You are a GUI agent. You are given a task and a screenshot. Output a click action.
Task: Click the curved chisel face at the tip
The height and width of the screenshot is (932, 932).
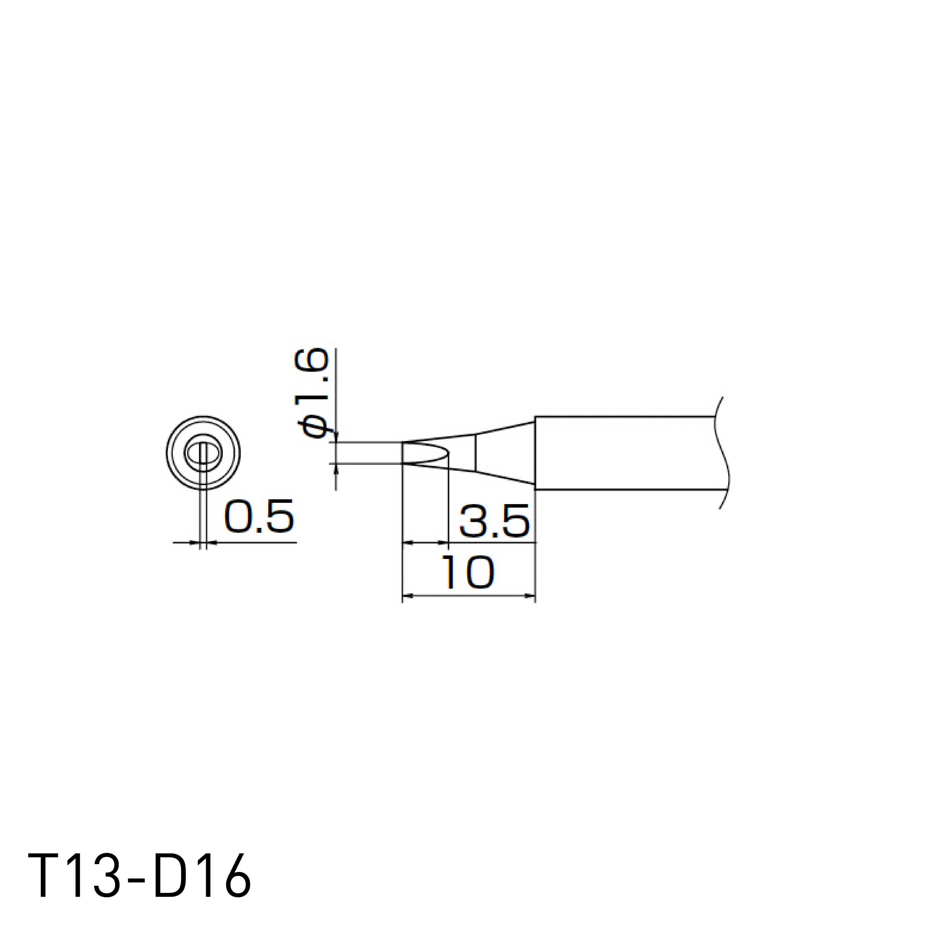coord(427,453)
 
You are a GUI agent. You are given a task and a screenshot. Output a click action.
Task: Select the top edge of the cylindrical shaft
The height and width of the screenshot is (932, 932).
coord(627,416)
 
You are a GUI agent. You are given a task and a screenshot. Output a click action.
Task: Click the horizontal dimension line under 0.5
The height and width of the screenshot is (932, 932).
coord(256,543)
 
